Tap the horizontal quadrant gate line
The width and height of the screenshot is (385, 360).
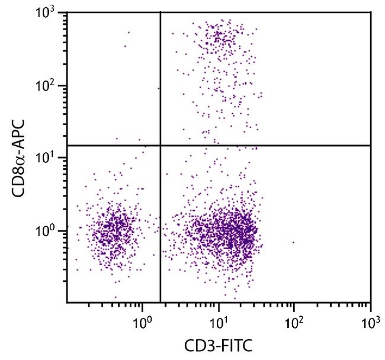coord(267,145)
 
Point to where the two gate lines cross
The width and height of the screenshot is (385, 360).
coord(161,145)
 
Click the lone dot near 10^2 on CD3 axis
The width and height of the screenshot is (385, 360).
coord(293,242)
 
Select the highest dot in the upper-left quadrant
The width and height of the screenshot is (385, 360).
coord(129,33)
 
